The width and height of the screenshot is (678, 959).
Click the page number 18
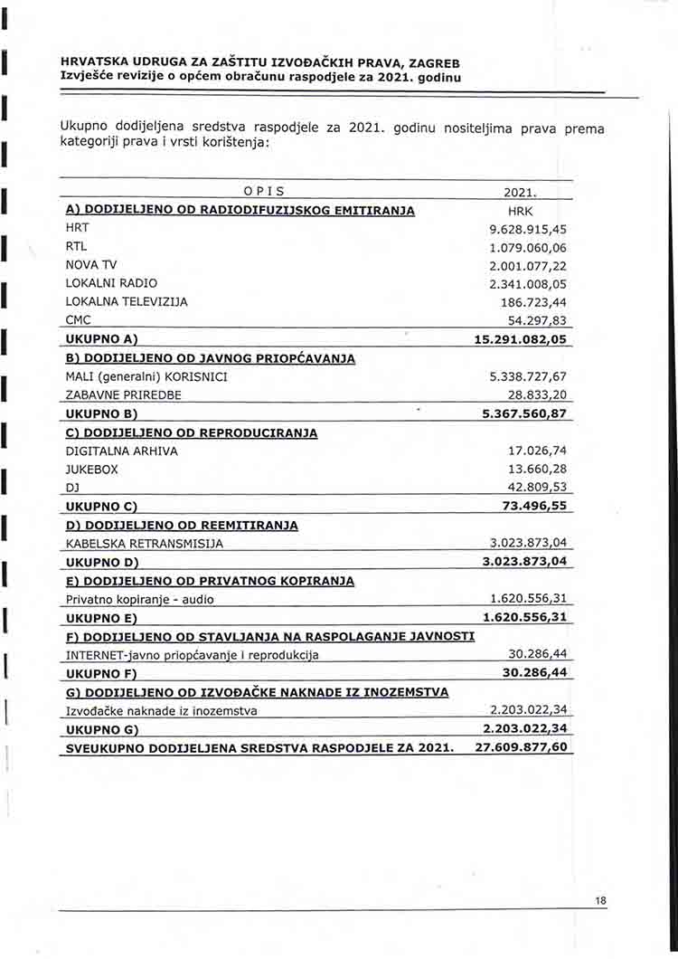click(x=601, y=900)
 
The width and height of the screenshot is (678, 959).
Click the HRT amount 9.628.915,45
click(x=528, y=229)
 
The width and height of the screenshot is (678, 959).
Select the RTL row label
click(x=76, y=247)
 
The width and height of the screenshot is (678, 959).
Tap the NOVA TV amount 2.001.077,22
click(x=528, y=265)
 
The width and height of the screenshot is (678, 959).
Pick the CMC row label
click(x=79, y=319)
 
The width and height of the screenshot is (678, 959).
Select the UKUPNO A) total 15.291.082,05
click(x=521, y=338)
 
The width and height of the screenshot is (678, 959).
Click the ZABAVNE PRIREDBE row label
click(x=124, y=395)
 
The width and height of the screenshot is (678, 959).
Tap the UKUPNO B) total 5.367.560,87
click(x=524, y=413)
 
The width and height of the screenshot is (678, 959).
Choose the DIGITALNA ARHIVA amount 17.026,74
click(x=538, y=451)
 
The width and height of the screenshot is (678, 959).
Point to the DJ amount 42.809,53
click(x=538, y=488)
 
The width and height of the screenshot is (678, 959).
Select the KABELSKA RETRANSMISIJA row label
click(x=145, y=544)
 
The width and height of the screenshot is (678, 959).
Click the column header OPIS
click(x=264, y=191)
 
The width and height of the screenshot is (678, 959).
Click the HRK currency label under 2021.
click(x=522, y=211)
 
